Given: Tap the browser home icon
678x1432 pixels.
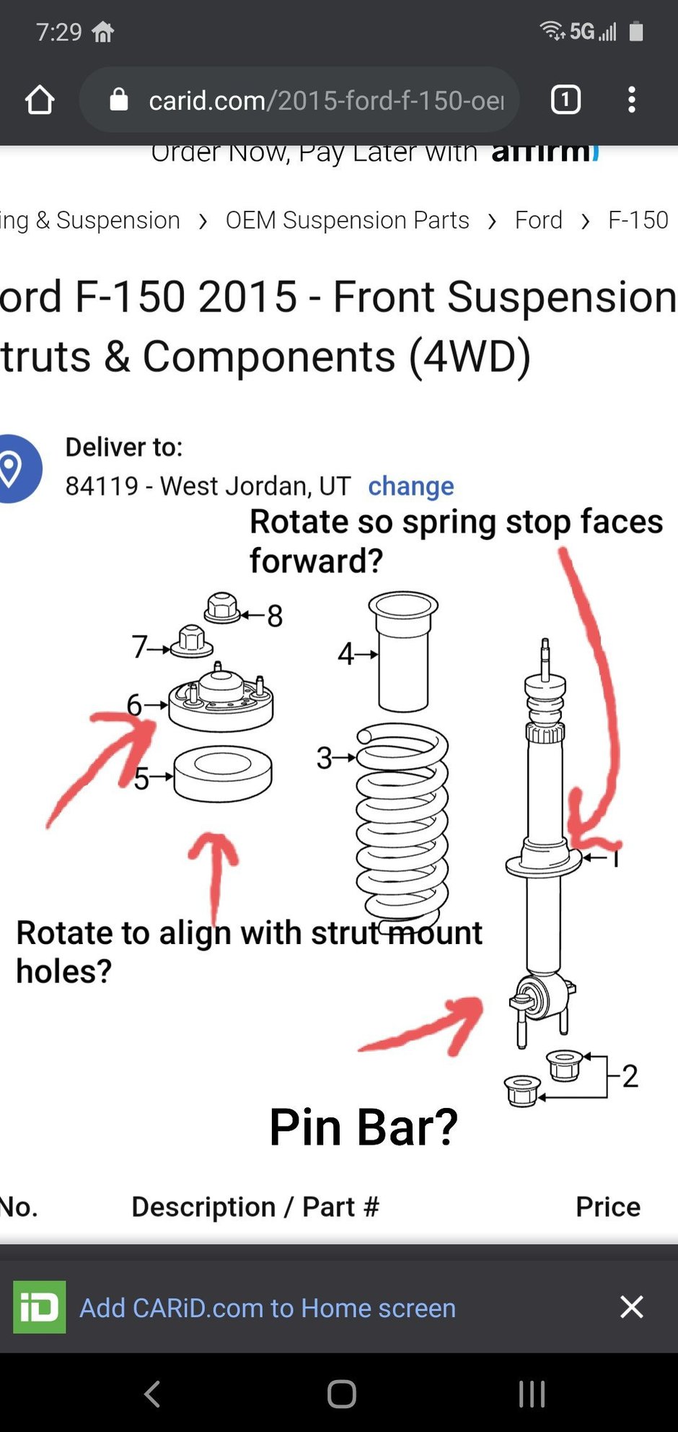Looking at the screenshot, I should [40, 100].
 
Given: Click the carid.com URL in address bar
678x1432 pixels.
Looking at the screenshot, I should [325, 100].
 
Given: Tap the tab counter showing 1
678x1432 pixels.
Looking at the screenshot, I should [565, 100].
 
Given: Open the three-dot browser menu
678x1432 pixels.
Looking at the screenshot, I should [632, 100].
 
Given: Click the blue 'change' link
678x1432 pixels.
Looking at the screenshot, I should [411, 486].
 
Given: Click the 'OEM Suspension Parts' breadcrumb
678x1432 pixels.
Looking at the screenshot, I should [347, 220].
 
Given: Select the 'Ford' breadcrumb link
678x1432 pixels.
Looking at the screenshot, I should [538, 220].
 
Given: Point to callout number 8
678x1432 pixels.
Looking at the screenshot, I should [275, 616].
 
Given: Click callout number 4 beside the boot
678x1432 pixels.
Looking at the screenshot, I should [345, 654].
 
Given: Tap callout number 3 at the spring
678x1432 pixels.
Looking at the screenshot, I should [325, 758].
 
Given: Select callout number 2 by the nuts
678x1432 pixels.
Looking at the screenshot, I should [630, 1075].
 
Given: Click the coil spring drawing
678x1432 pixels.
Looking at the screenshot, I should [402, 823].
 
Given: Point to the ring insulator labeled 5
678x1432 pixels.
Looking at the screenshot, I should [223, 774].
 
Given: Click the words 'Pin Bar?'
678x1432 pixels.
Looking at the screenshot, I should [364, 1127].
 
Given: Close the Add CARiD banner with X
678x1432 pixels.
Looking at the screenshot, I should [631, 1306].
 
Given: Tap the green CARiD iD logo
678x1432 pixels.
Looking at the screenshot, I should [40, 1306].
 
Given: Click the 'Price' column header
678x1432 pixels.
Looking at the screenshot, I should [607, 1207].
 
